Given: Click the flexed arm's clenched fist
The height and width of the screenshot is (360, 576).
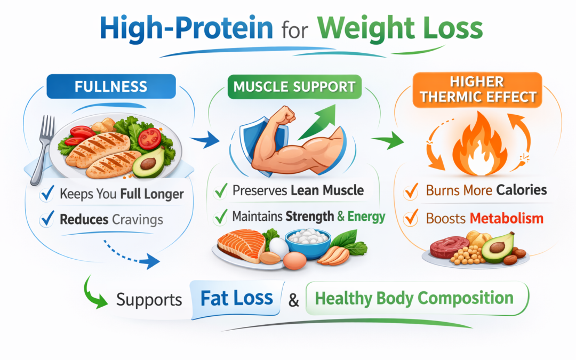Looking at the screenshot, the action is click(285, 116).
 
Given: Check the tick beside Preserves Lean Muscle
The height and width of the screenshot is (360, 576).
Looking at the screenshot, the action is click(220, 191).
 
